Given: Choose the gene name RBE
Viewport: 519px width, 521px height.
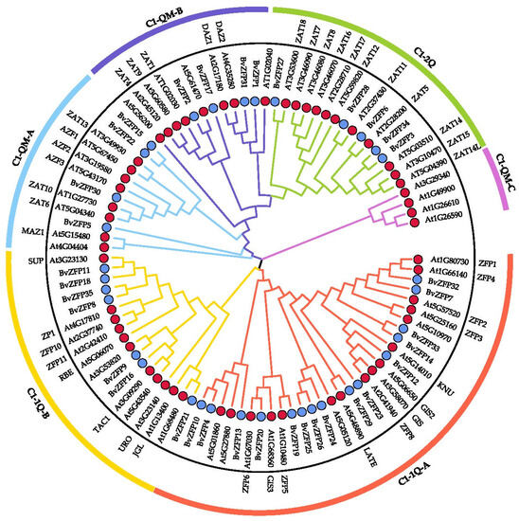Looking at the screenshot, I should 40,375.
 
